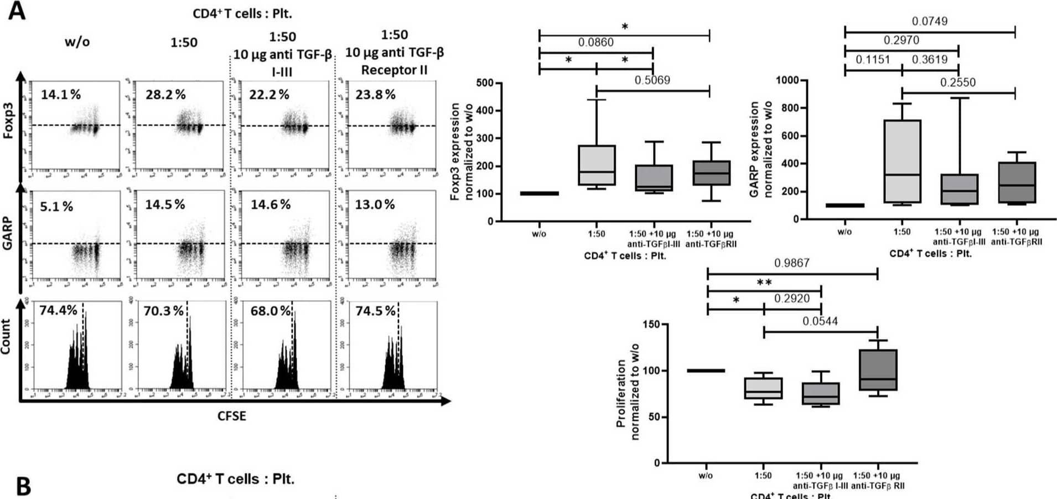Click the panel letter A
click(x=16, y=11)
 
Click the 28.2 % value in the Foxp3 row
click(x=165, y=95)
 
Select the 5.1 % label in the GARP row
click(x=56, y=207)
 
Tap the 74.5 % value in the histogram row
click(x=375, y=311)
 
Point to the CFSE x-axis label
click(x=231, y=416)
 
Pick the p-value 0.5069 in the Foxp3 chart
click(x=652, y=80)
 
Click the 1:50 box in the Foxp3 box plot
click(x=597, y=165)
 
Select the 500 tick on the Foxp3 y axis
click(x=484, y=83)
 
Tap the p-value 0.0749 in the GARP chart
click(x=929, y=22)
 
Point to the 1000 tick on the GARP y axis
click(x=787, y=81)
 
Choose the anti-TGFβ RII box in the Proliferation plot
click(x=878, y=370)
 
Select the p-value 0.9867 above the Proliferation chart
click(x=791, y=263)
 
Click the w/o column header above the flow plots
click(x=77, y=42)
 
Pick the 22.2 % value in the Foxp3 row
click(x=269, y=95)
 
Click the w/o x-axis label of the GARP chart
click(x=844, y=232)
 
